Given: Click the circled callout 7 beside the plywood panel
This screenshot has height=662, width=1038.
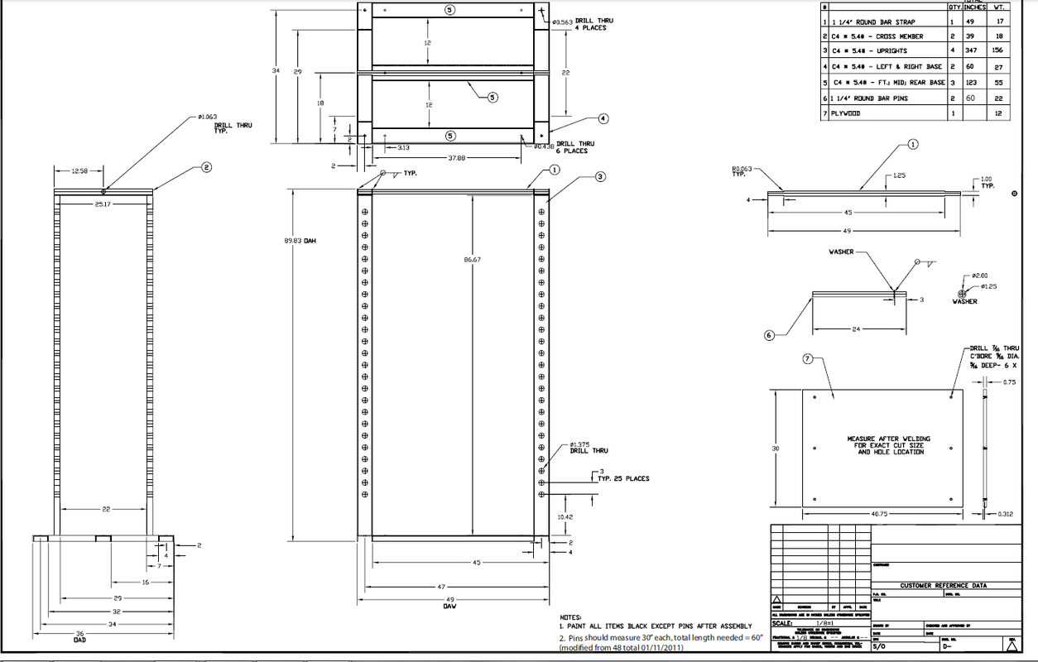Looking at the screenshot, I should (808, 359).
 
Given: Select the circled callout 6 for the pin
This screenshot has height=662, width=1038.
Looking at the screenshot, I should (769, 335).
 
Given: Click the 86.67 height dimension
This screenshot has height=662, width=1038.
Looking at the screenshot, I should (473, 259).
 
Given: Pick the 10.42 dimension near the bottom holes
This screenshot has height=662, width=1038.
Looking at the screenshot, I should (565, 516).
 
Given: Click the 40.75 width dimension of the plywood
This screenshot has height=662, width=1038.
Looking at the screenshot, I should (880, 513).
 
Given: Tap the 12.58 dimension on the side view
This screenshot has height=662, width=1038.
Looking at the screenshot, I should (78, 170).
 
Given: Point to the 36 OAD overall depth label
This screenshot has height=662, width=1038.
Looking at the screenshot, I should (79, 636).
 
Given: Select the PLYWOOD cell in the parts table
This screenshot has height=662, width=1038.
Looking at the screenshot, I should (845, 113).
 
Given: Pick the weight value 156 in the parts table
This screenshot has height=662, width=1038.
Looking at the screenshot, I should (997, 51).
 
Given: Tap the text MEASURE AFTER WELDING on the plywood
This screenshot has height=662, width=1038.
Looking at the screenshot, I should (888, 439).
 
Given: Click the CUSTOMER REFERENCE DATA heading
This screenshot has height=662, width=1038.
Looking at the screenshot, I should (943, 586).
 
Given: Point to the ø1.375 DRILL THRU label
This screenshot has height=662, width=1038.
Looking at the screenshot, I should (589, 447).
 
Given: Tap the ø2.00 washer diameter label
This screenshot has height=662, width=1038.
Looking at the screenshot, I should (981, 276).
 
